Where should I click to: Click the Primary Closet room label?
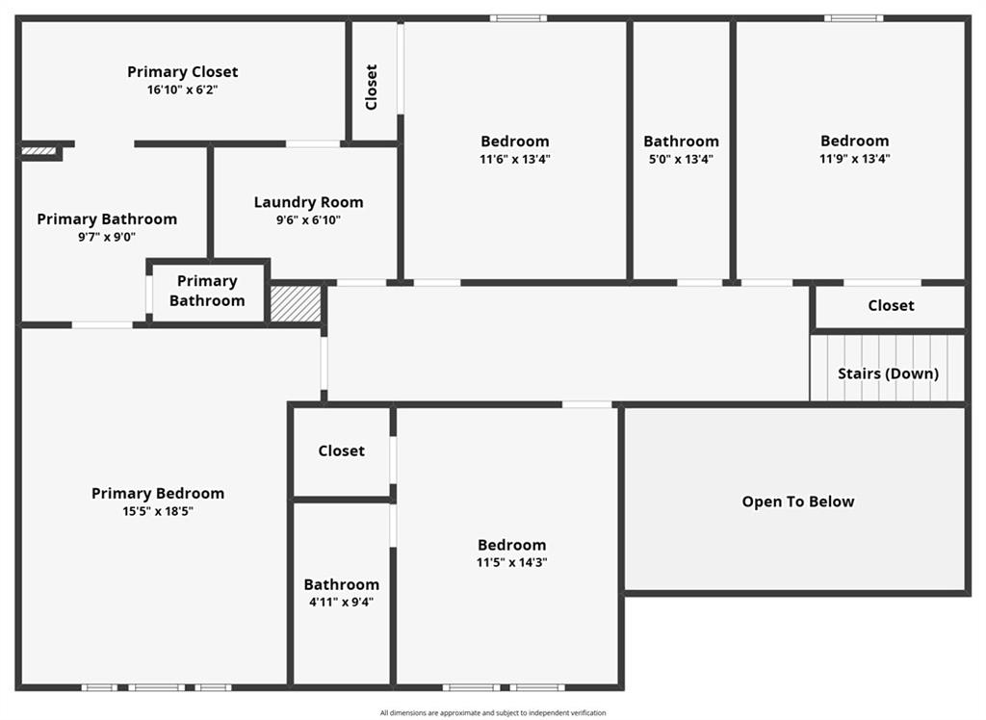182,72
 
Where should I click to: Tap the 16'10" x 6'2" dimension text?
182,90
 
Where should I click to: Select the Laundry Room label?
309,202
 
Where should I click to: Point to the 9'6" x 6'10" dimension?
309,220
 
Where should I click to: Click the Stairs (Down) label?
888,373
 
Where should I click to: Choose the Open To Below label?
798,501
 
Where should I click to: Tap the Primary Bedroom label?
158,494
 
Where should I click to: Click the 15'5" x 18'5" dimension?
158,511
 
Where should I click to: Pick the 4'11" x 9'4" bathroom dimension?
342,602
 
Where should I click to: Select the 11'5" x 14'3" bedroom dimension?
512,562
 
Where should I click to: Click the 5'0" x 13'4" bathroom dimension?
681,159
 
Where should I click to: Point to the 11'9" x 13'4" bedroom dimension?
855,159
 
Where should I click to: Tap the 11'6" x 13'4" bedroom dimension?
515,159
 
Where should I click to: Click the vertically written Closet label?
372,87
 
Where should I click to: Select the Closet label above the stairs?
891,305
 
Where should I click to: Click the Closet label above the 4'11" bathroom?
342,450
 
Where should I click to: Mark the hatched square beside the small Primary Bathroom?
296,304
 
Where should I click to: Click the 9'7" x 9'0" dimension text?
107,237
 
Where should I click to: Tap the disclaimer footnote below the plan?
493,712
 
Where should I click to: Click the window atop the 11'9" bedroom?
853,19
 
